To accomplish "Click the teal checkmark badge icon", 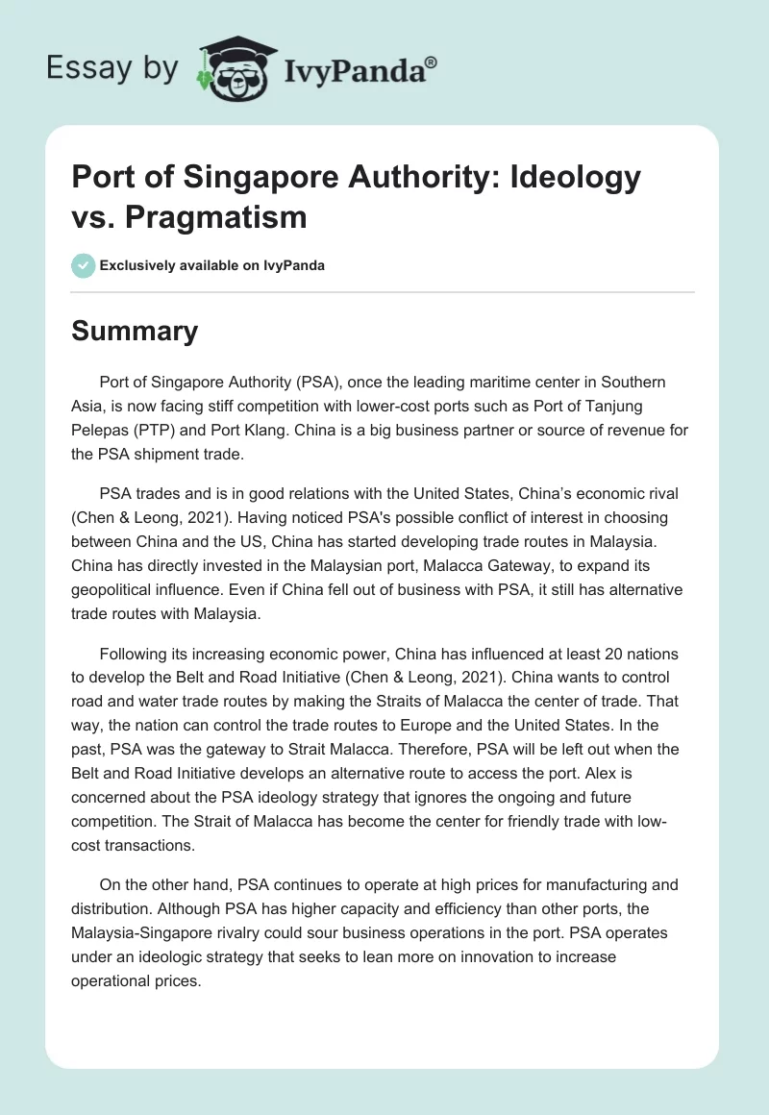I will click(x=83, y=265).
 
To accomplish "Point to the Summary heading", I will click(x=136, y=331).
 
